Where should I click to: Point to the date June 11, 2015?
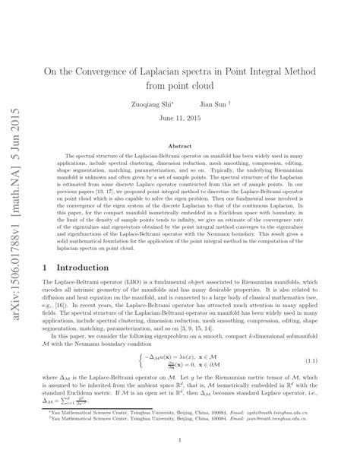coord(180,119)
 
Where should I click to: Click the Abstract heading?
coord(179,145)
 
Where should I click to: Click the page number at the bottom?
coord(180,439)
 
